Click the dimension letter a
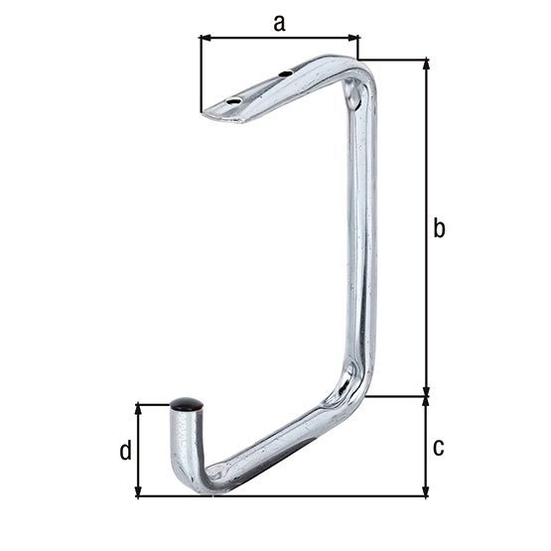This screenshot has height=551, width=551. tap(279, 23)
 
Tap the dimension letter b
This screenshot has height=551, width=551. tap(440, 228)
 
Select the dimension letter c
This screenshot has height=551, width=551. tap(439, 447)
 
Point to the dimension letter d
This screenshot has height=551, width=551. tap(125, 452)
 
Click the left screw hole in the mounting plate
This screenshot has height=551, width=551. tap(233, 101)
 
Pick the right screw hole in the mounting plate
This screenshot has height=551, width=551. tap(286, 73)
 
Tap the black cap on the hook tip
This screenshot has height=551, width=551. tap(186, 404)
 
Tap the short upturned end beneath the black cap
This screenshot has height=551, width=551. tap(185, 437)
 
